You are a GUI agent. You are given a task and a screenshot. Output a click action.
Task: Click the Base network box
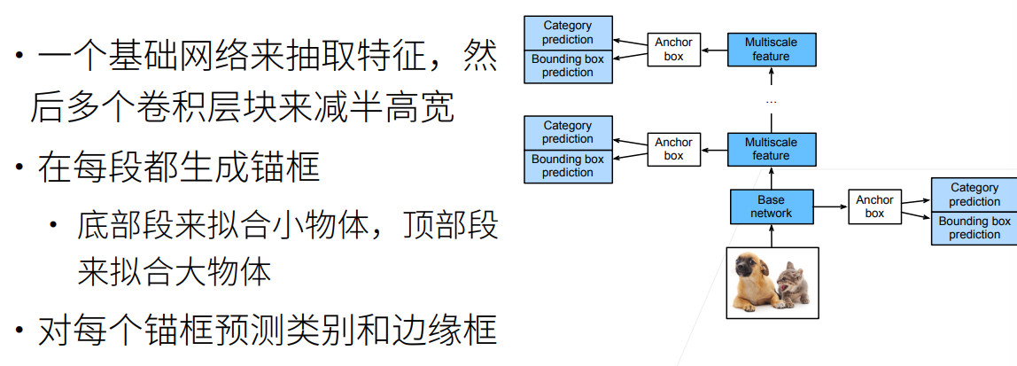tap(771, 206)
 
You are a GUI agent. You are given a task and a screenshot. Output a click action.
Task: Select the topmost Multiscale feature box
tap(771, 50)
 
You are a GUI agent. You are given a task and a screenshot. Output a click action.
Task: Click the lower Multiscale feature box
tap(771, 149)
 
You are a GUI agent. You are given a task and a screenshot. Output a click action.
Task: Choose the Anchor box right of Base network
tap(874, 206)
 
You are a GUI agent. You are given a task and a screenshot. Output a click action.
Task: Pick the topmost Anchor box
tap(674, 50)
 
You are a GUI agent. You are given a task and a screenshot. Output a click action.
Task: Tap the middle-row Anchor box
tap(674, 149)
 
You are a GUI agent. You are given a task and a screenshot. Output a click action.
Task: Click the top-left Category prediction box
tap(568, 33)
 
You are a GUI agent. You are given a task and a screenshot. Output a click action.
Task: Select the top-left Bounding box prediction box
tap(568, 66)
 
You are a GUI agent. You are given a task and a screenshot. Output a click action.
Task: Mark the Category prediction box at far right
tap(974, 194)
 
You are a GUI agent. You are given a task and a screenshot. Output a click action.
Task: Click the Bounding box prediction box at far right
tap(974, 228)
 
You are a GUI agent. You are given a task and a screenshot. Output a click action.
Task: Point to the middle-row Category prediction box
tap(568, 132)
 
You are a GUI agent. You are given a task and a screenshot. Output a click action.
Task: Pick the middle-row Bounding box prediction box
tap(568, 166)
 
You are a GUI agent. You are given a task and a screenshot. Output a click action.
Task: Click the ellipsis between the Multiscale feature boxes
tap(771, 101)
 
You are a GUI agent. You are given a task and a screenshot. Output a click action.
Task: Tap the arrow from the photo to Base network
tap(771, 235)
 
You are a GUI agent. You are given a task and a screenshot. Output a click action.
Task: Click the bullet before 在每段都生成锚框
tap(19, 167)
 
